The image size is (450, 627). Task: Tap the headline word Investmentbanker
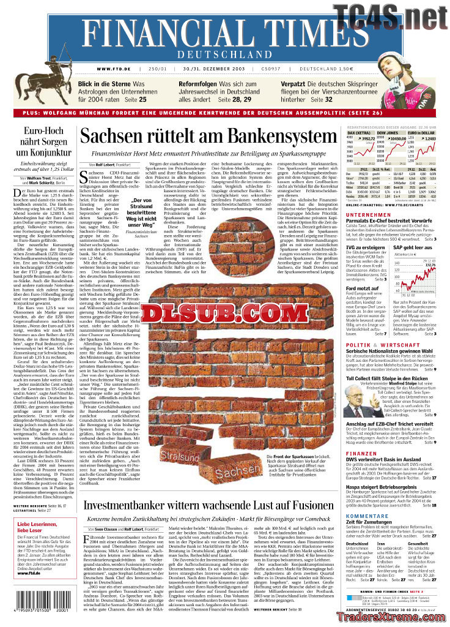pos(142,506)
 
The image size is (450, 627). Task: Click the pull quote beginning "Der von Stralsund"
pos(141,213)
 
